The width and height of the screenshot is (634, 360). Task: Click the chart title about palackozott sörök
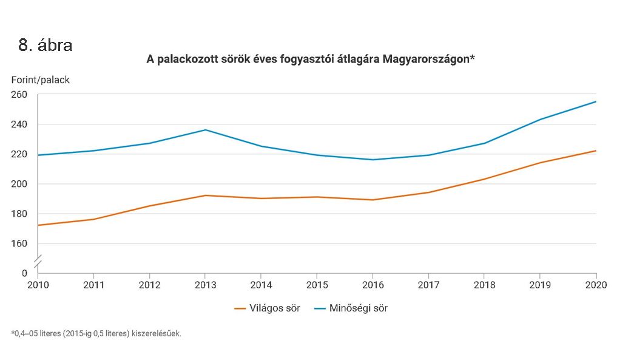pos(309,59)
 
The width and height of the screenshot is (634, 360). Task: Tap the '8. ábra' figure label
pos(46,46)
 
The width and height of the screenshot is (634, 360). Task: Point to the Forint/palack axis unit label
pos(41,80)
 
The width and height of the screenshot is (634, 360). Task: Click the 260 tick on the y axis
pos(19,95)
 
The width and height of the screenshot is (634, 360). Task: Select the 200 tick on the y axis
pos(19,184)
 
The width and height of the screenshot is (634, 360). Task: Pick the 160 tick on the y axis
pos(19,243)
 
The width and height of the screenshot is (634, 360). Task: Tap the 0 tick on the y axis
pos(25,273)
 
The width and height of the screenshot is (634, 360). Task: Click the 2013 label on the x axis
pos(205,285)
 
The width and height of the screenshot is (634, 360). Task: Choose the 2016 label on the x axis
pos(373,285)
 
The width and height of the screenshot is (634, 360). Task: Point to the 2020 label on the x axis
pos(596,285)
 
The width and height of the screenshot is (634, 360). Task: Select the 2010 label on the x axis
pos(38,285)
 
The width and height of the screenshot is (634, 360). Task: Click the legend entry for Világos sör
pos(268,308)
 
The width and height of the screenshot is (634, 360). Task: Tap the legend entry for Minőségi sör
pos(351,308)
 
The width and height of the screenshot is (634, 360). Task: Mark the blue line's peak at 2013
pos(205,130)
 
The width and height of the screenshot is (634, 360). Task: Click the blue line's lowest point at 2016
pos(373,160)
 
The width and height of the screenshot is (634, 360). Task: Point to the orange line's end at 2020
pos(596,151)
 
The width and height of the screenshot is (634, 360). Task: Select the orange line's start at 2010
pos(38,225)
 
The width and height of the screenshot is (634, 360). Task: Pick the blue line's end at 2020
pos(596,101)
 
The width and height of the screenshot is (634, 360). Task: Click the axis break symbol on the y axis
pos(38,262)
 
